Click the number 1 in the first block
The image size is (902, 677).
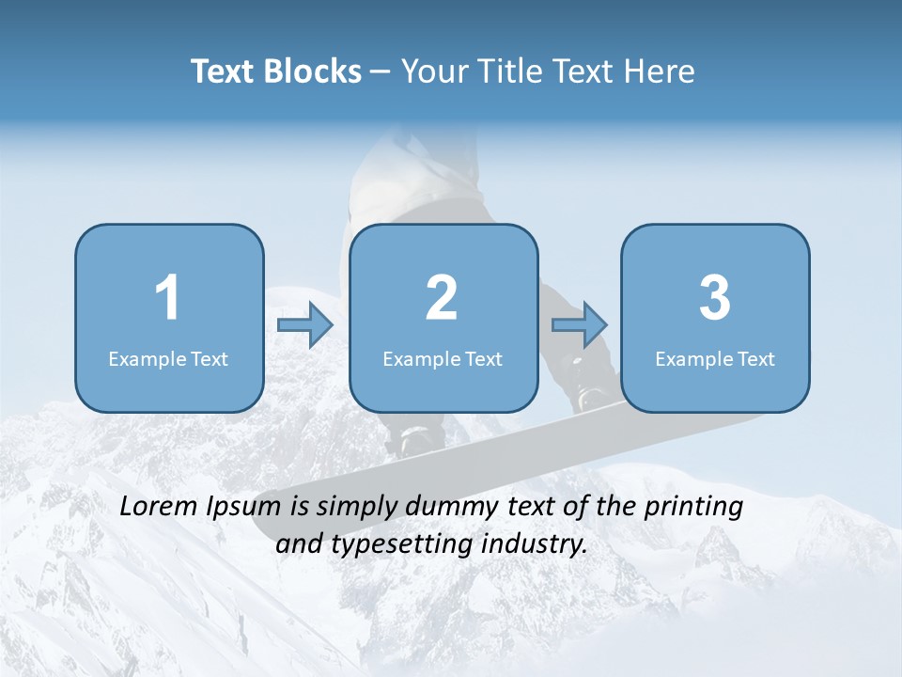pos(167,298)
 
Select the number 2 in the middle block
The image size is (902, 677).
pos(442,298)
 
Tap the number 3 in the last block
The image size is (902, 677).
pos(715,298)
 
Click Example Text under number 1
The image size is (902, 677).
pos(168,358)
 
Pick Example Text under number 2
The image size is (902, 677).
pos(443,358)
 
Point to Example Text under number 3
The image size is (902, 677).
pos(715,358)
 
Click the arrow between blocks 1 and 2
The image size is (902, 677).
pos(305,325)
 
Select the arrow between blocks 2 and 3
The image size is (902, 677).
pos(580,325)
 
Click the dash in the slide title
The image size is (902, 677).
pos(381,72)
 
